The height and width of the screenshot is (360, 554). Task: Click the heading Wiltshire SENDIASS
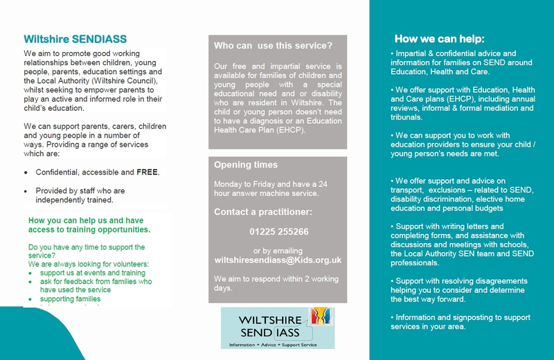75,39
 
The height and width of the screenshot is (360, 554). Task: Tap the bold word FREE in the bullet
147,172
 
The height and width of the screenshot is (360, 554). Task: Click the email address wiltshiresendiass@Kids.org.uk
278,260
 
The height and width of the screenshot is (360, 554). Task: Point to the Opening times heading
246,165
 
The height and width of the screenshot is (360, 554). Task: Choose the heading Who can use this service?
273,46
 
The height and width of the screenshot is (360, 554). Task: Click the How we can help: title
439,39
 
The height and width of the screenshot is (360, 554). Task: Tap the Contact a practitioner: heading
262,211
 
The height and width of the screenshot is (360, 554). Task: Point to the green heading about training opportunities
89,225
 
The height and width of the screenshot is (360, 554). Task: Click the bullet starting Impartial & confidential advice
454,62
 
